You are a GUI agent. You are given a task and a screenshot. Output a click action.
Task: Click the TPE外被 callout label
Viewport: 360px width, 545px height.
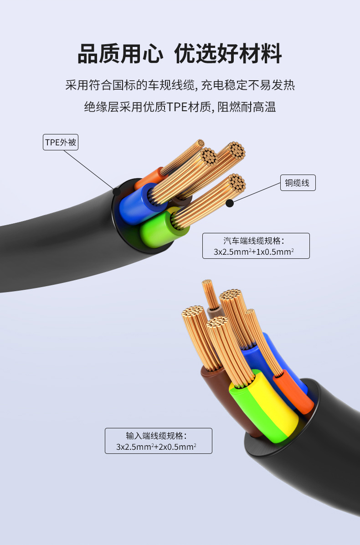(x=61, y=142)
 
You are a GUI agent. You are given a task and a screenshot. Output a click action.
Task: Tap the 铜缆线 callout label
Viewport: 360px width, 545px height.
(x=298, y=183)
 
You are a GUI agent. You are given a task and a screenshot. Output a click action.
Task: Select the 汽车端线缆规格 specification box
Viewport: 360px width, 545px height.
(x=256, y=246)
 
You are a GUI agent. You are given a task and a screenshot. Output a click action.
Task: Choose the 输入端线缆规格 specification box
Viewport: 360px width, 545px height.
(x=159, y=441)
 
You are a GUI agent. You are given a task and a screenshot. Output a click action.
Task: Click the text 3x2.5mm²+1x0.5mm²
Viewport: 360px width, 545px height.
(x=254, y=252)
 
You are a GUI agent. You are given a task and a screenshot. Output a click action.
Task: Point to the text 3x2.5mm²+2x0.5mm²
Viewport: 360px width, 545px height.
(x=156, y=447)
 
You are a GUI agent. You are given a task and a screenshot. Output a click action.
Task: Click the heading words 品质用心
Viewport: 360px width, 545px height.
(x=120, y=54)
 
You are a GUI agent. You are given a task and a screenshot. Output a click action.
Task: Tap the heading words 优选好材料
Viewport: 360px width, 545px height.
(x=227, y=54)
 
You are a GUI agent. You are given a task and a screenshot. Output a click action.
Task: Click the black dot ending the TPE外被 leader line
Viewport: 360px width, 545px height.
(x=117, y=191)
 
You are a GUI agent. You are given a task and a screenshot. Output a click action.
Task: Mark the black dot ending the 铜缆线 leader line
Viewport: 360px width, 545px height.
(x=230, y=203)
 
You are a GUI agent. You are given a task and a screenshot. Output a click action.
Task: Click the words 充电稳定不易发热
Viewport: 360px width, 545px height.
(x=248, y=85)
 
